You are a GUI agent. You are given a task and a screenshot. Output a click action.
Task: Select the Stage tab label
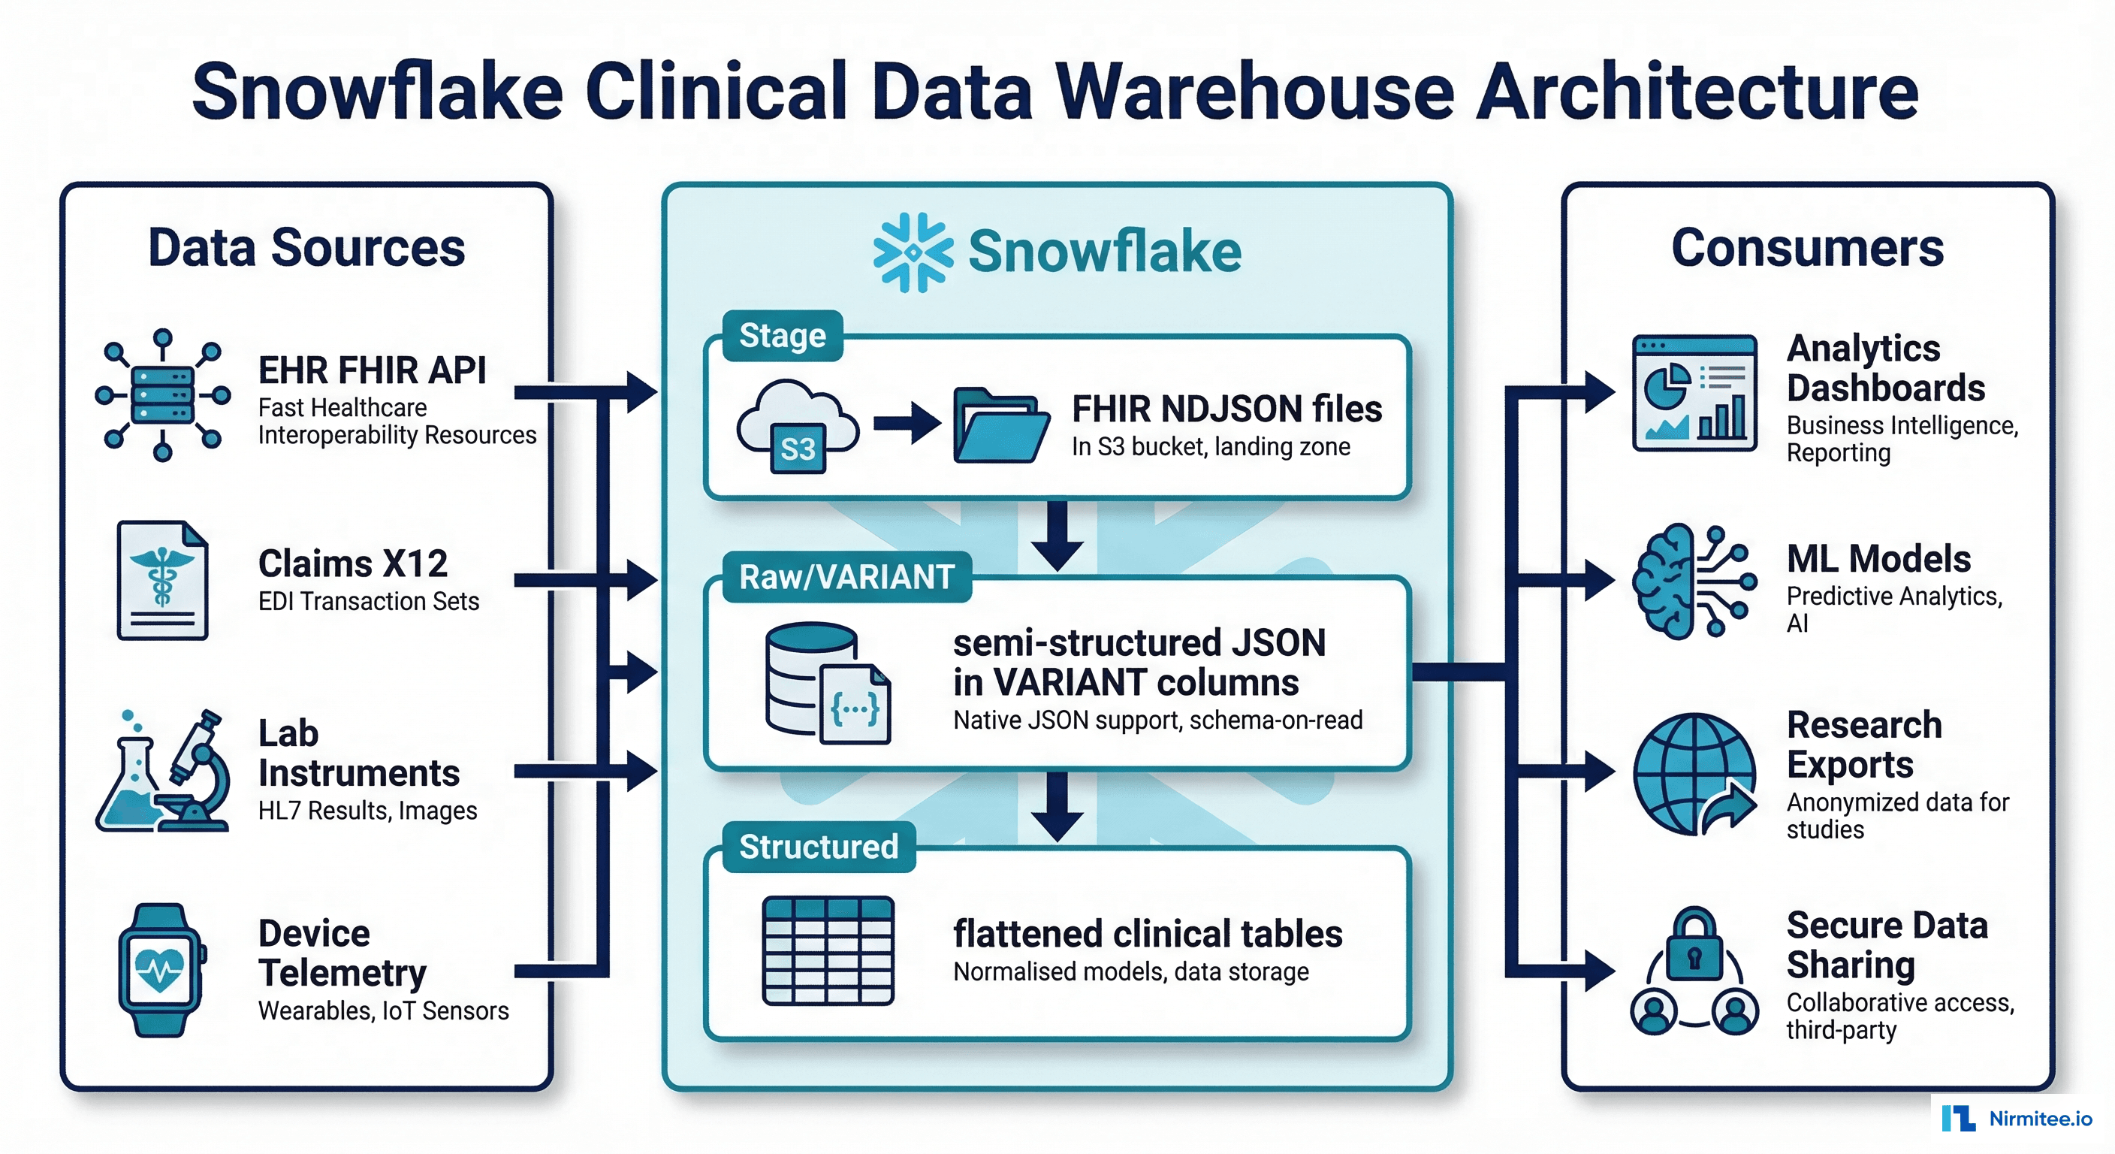pos(782,336)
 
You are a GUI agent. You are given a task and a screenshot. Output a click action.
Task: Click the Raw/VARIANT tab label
pos(846,576)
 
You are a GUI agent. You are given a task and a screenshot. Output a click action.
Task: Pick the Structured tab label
pos(819,847)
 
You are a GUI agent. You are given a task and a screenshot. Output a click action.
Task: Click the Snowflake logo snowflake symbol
pos(913,252)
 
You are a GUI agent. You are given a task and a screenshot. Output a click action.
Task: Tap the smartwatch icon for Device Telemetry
pos(161,970)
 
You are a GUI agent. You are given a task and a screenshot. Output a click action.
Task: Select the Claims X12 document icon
pos(162,580)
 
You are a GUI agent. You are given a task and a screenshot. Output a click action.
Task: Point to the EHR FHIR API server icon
pos(162,395)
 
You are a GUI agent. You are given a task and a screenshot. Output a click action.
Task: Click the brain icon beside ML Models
pos(1664,581)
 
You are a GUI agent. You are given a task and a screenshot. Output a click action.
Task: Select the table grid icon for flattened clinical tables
pos(828,950)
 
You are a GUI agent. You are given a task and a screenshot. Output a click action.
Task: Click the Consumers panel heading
pos(1807,248)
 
